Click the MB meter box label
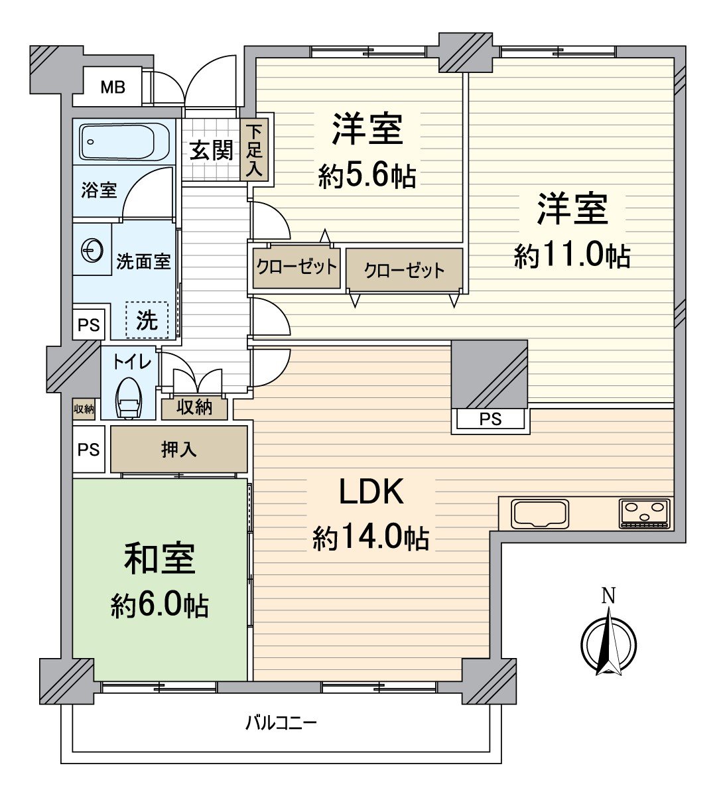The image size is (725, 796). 112,87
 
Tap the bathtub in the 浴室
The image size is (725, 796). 125,141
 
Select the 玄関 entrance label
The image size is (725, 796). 211,151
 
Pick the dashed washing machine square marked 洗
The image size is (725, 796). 147,320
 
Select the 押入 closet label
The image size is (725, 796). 178,450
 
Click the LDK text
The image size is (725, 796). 371,492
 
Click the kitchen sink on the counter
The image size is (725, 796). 540,513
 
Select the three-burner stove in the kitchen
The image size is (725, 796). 645,513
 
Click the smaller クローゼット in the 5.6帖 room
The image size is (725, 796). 296,267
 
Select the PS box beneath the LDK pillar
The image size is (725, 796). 490,419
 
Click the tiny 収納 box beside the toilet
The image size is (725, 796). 84,409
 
